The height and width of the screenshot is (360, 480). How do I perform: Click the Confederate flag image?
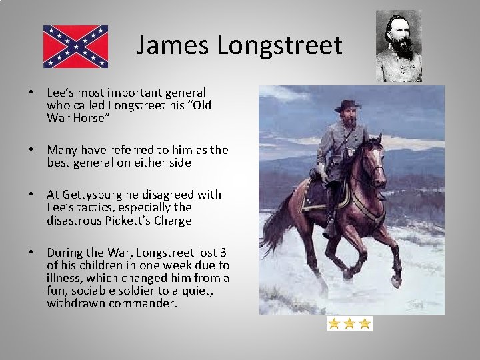pos(75,47)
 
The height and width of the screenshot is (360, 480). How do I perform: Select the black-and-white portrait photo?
pos(399,45)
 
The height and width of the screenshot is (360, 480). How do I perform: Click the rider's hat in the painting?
pos(347,105)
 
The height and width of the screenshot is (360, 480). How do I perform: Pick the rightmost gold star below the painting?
pos(364,324)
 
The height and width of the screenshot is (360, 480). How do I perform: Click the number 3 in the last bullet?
pos(223,253)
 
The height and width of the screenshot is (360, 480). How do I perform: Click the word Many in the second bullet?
pos(62,150)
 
